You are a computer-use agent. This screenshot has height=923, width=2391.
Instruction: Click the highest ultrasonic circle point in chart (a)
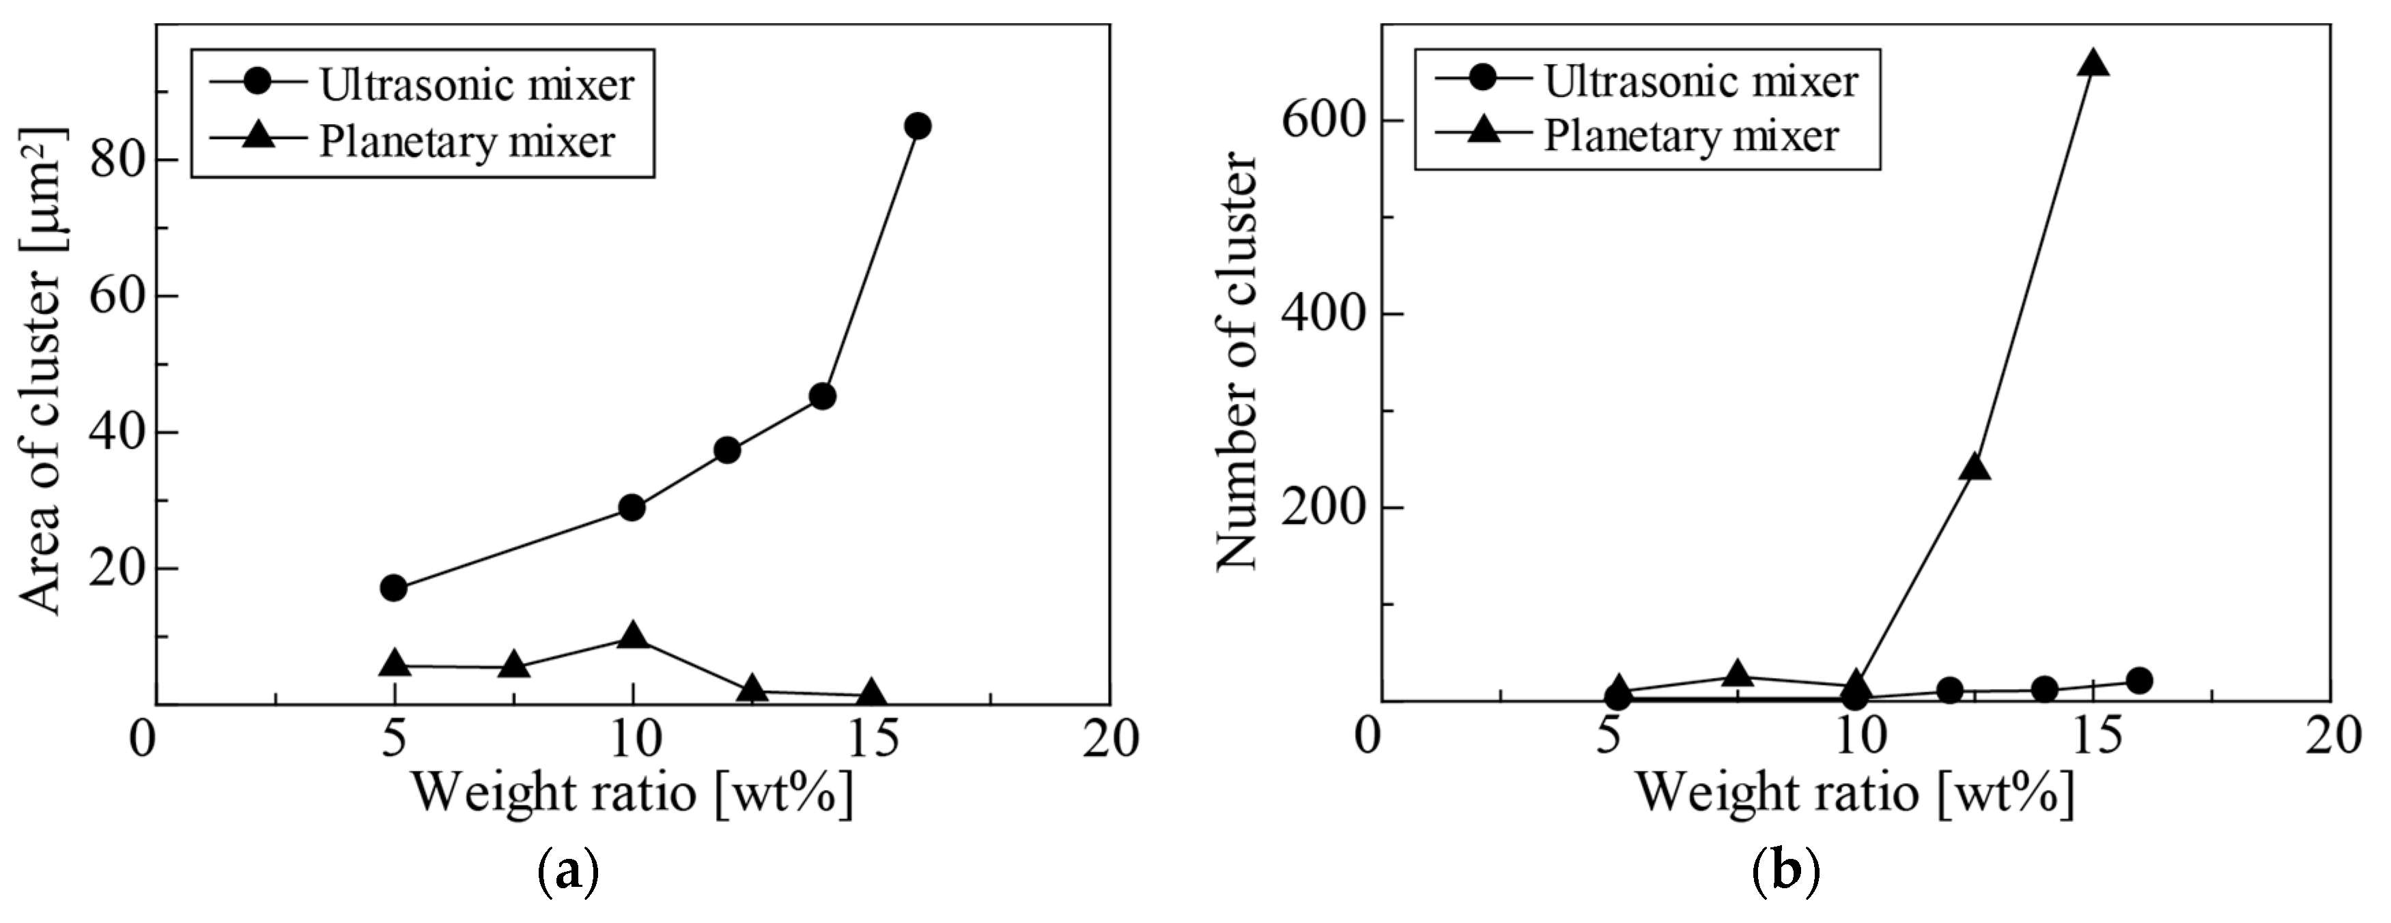tap(917, 126)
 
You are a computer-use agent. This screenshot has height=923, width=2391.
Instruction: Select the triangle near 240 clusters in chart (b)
tap(1975, 467)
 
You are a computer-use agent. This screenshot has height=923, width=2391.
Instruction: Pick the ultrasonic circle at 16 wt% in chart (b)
tap(2138, 680)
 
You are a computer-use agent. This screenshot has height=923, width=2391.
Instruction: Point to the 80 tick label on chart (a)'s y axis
tap(118, 160)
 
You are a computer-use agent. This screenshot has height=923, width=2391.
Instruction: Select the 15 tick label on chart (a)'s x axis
tap(871, 739)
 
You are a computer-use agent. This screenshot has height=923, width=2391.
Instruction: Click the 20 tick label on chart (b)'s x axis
tap(2331, 737)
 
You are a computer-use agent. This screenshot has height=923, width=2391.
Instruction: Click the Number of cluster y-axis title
tap(1237, 362)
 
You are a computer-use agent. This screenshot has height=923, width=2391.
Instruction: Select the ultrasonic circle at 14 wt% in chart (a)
tap(822, 396)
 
